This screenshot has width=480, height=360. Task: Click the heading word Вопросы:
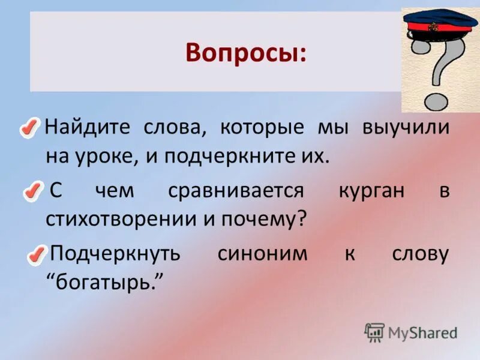point(245,53)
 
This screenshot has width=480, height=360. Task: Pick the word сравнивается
point(236,191)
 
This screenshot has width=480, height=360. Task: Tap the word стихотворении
point(118,219)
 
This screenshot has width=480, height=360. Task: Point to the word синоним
point(262,253)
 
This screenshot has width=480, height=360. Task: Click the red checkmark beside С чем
point(33,191)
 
